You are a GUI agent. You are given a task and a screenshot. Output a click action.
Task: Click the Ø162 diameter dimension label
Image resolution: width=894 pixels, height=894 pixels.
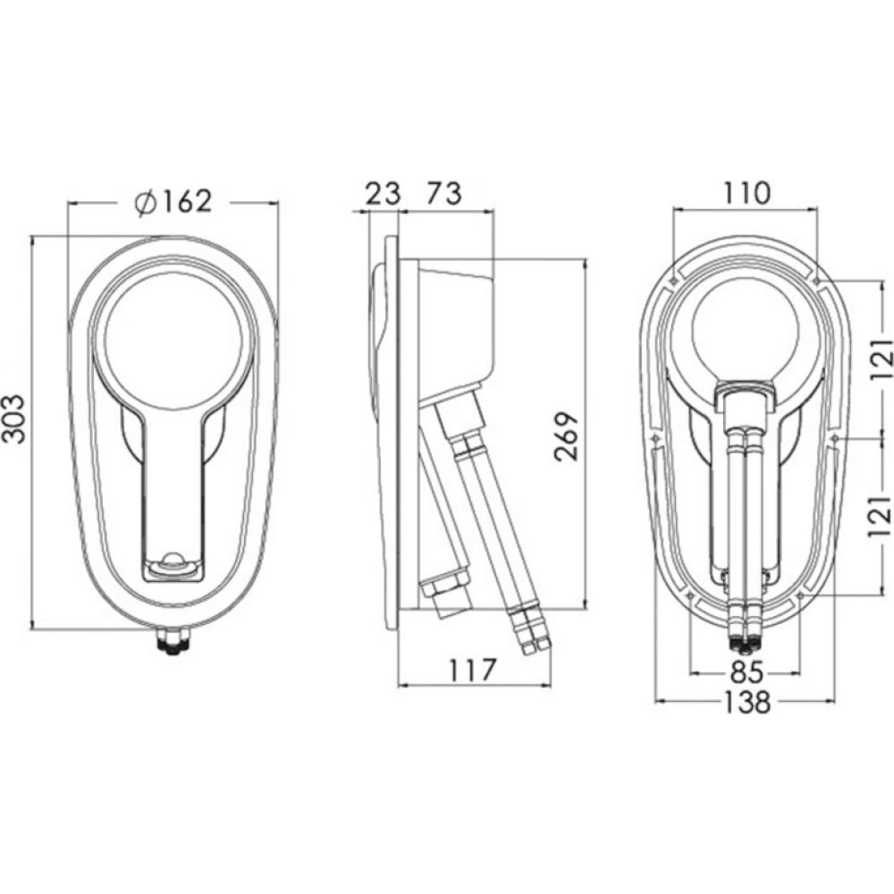(173, 201)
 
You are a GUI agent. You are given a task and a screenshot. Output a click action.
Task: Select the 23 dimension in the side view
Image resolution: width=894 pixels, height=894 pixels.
(383, 193)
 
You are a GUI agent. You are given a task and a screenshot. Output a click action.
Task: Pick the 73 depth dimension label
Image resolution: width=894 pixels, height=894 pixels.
(444, 193)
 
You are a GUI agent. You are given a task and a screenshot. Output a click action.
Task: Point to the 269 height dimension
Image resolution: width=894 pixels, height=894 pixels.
(567, 435)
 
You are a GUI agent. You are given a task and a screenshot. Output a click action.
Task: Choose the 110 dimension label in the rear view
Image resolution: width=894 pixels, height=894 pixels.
(746, 193)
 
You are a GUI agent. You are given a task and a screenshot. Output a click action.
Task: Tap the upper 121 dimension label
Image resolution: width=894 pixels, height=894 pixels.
(881, 360)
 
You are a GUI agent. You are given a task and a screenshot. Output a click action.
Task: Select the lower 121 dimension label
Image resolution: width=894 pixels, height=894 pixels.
(881, 516)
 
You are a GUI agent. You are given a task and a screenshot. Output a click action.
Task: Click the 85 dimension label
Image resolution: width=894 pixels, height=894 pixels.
(746, 673)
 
